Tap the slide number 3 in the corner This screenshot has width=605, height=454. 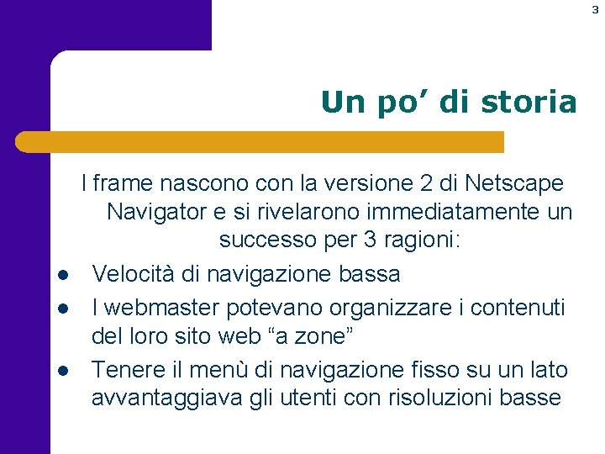(594, 9)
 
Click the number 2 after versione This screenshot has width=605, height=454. (432, 182)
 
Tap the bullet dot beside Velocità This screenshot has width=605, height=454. (62, 275)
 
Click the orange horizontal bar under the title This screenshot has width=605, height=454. (260, 142)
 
